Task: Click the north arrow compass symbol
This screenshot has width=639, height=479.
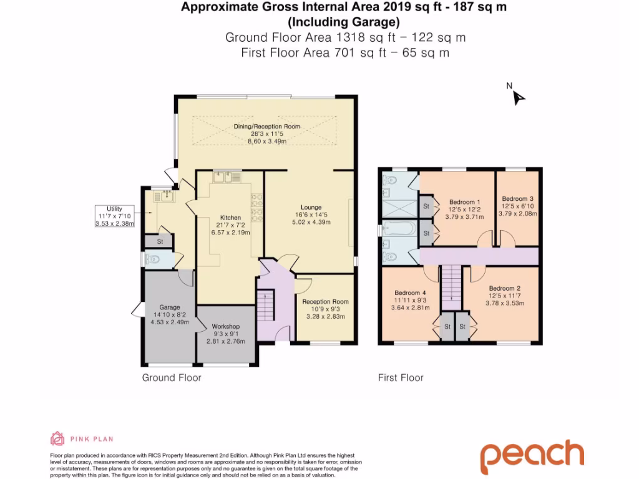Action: [x=518, y=97]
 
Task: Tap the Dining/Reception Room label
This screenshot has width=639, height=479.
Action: [x=267, y=127]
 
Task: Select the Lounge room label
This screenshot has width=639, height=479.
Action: [x=311, y=208]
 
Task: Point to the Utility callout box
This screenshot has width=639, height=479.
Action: [x=114, y=216]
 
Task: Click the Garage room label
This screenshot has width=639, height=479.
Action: [x=169, y=307]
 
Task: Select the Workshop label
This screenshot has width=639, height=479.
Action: [x=225, y=326]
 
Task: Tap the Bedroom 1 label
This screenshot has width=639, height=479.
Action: [x=464, y=202]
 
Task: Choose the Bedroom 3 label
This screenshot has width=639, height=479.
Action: [x=517, y=198]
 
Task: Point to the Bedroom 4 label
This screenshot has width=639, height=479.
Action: [x=410, y=293]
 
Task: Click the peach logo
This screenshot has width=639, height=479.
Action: [x=532, y=457]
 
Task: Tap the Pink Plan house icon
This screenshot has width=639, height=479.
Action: [x=57, y=439]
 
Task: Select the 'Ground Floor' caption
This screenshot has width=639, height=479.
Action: [x=172, y=377]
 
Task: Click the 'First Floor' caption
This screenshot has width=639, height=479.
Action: [x=401, y=377]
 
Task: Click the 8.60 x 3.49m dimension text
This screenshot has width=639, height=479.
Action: [x=267, y=142]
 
